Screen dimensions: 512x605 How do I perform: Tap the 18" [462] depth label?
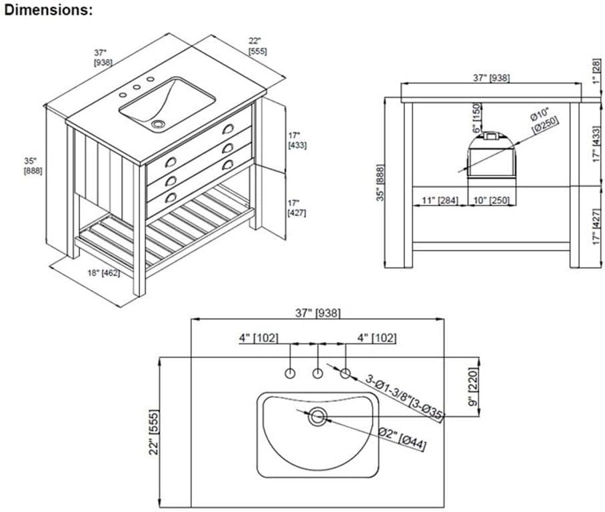[103, 273]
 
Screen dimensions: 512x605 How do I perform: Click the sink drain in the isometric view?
[157, 124]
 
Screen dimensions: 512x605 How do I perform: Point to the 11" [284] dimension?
[439, 201]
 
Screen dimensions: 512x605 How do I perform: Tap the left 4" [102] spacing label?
[259, 338]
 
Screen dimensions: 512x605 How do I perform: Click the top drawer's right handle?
[228, 129]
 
